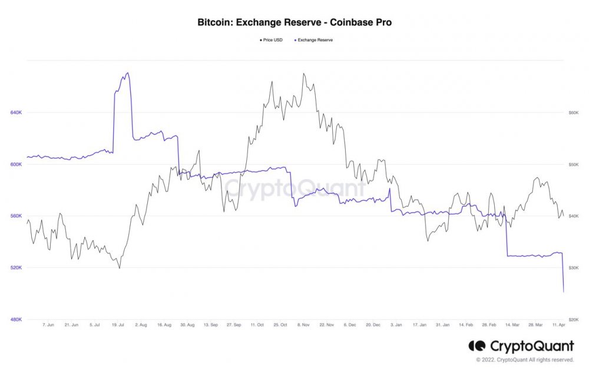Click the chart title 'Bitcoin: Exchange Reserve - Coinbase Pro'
[x=294, y=22]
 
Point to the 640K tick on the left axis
[x=16, y=112]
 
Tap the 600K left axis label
[x=16, y=164]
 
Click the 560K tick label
[x=16, y=216]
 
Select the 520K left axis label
[x=16, y=268]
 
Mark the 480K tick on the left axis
[x=16, y=320]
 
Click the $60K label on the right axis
[x=573, y=112]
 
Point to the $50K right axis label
[x=573, y=164]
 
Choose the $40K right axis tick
[x=573, y=216]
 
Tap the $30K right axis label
[x=573, y=268]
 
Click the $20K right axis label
[x=573, y=320]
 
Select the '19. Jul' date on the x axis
[x=117, y=324]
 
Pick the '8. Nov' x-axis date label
[x=303, y=324]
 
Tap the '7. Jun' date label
[x=49, y=324]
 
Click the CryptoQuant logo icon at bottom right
[x=477, y=346]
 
